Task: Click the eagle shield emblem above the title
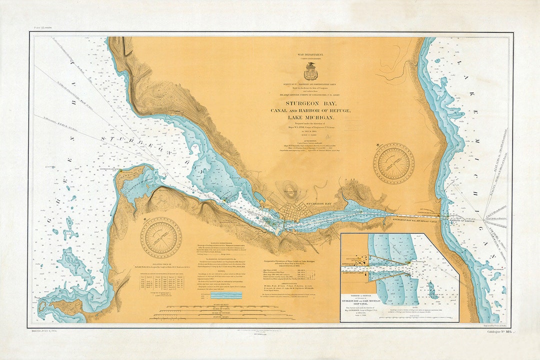pos(310,71)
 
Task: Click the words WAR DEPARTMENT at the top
pos(310,54)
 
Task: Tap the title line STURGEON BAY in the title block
pos(311,103)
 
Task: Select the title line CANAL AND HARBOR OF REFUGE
pos(311,110)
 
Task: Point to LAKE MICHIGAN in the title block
pos(311,117)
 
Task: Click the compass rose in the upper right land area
pos(394,163)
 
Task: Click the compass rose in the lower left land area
pos(161,237)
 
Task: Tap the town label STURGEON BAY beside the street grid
pos(319,204)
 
